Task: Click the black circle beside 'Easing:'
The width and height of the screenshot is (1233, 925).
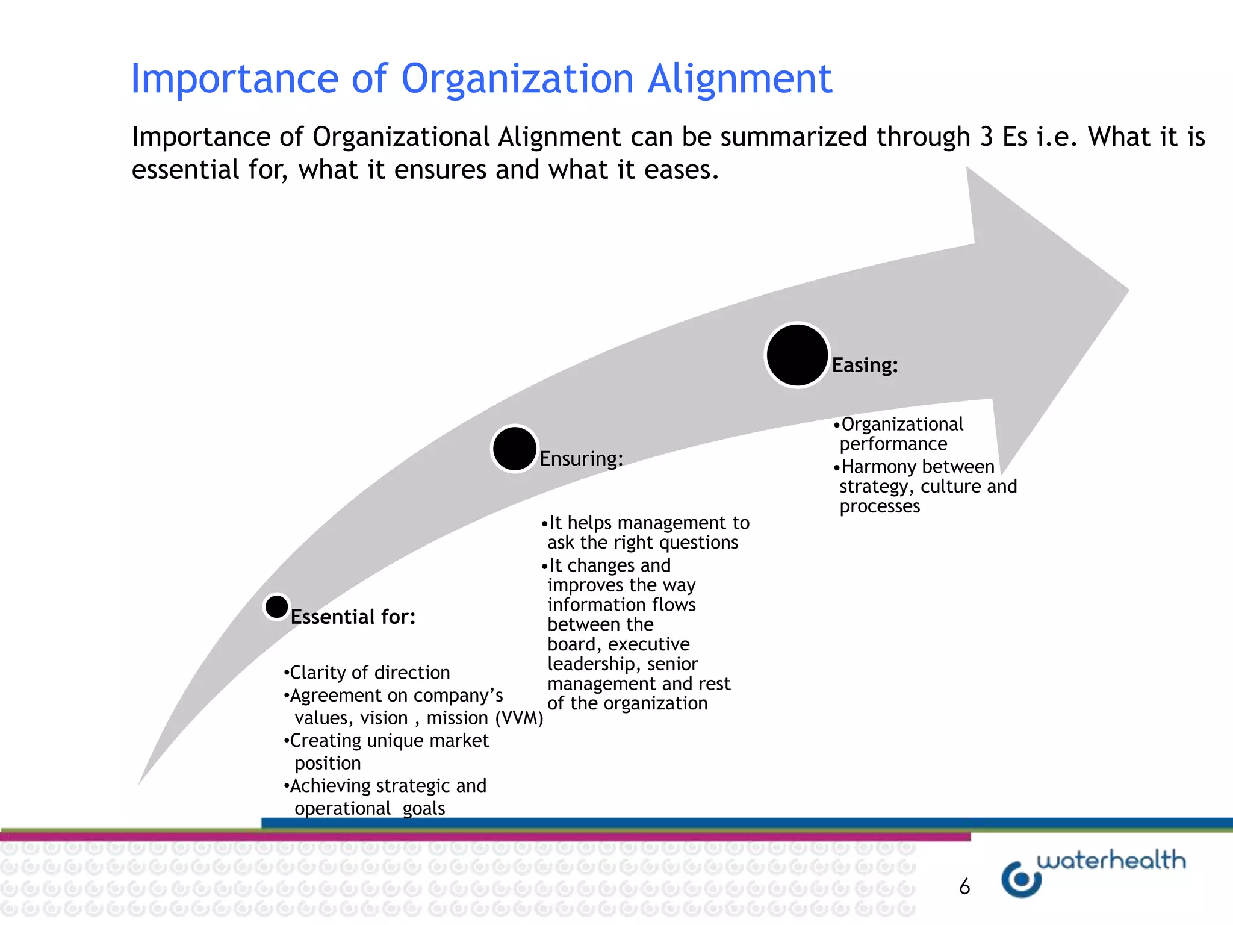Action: coord(797,355)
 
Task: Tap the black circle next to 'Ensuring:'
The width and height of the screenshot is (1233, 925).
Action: coord(514,449)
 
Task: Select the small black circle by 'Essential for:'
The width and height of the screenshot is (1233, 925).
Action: coord(277,606)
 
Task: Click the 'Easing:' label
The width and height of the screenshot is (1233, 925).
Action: coord(865,365)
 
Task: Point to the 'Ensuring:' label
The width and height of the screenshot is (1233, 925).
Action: coord(581,459)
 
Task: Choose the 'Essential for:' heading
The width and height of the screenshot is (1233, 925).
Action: coord(353,617)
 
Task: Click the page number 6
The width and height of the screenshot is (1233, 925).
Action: coord(964,886)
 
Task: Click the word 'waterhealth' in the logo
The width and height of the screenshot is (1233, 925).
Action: coord(1111,860)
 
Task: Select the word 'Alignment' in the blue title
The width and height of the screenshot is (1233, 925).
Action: coord(740,78)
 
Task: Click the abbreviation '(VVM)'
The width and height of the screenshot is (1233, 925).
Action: coord(519,718)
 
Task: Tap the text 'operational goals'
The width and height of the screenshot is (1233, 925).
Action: coord(370,808)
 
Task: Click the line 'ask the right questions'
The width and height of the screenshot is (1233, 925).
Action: coord(642,543)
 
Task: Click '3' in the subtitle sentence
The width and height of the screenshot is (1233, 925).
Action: coord(986,137)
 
